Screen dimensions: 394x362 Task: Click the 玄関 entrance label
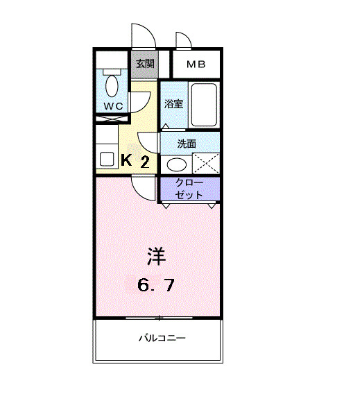click(x=144, y=65)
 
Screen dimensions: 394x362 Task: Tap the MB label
click(x=196, y=65)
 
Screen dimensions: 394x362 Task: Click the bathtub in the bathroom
click(x=204, y=104)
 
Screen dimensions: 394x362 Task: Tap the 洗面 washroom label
click(x=186, y=144)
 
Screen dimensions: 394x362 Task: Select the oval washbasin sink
click(x=177, y=164)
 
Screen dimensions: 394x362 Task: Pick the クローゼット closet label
click(x=189, y=189)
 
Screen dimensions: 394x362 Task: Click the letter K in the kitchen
click(x=127, y=160)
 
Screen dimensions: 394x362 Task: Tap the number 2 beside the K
click(x=144, y=162)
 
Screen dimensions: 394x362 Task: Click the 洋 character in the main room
click(x=155, y=255)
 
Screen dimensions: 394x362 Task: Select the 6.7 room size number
click(x=155, y=284)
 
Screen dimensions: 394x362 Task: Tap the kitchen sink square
click(x=107, y=157)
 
